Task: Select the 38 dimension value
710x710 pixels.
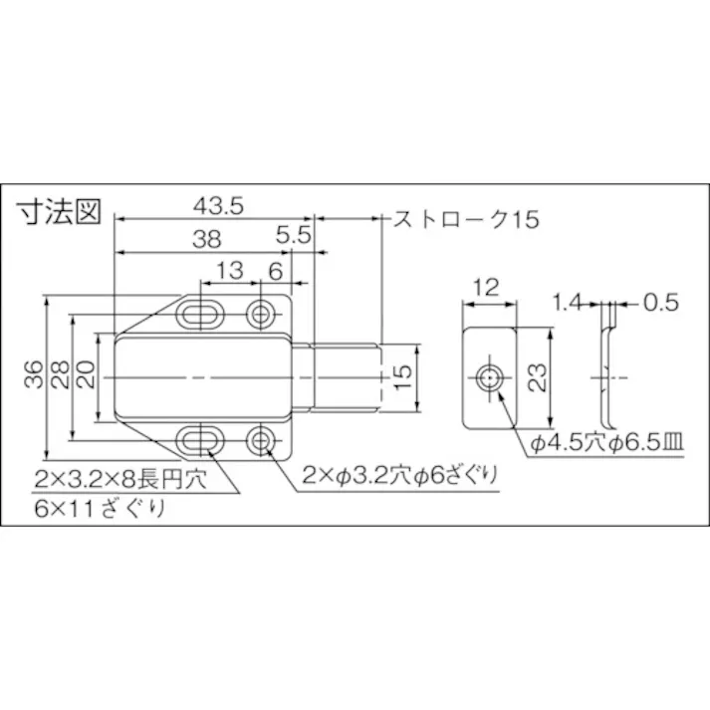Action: point(206,239)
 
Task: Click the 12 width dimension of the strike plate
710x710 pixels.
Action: point(486,288)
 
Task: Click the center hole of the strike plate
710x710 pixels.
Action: point(489,377)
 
